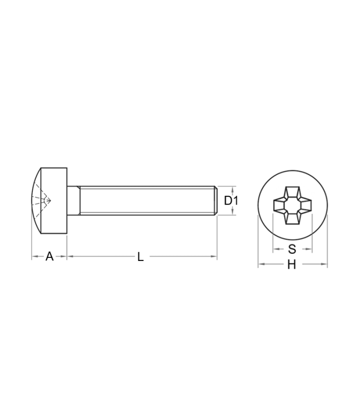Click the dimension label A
point(49,256)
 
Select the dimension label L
point(140,257)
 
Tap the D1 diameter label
point(231,201)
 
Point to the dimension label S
point(292,249)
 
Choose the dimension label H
point(292,265)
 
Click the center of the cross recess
point(293,205)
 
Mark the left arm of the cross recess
point(279,205)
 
